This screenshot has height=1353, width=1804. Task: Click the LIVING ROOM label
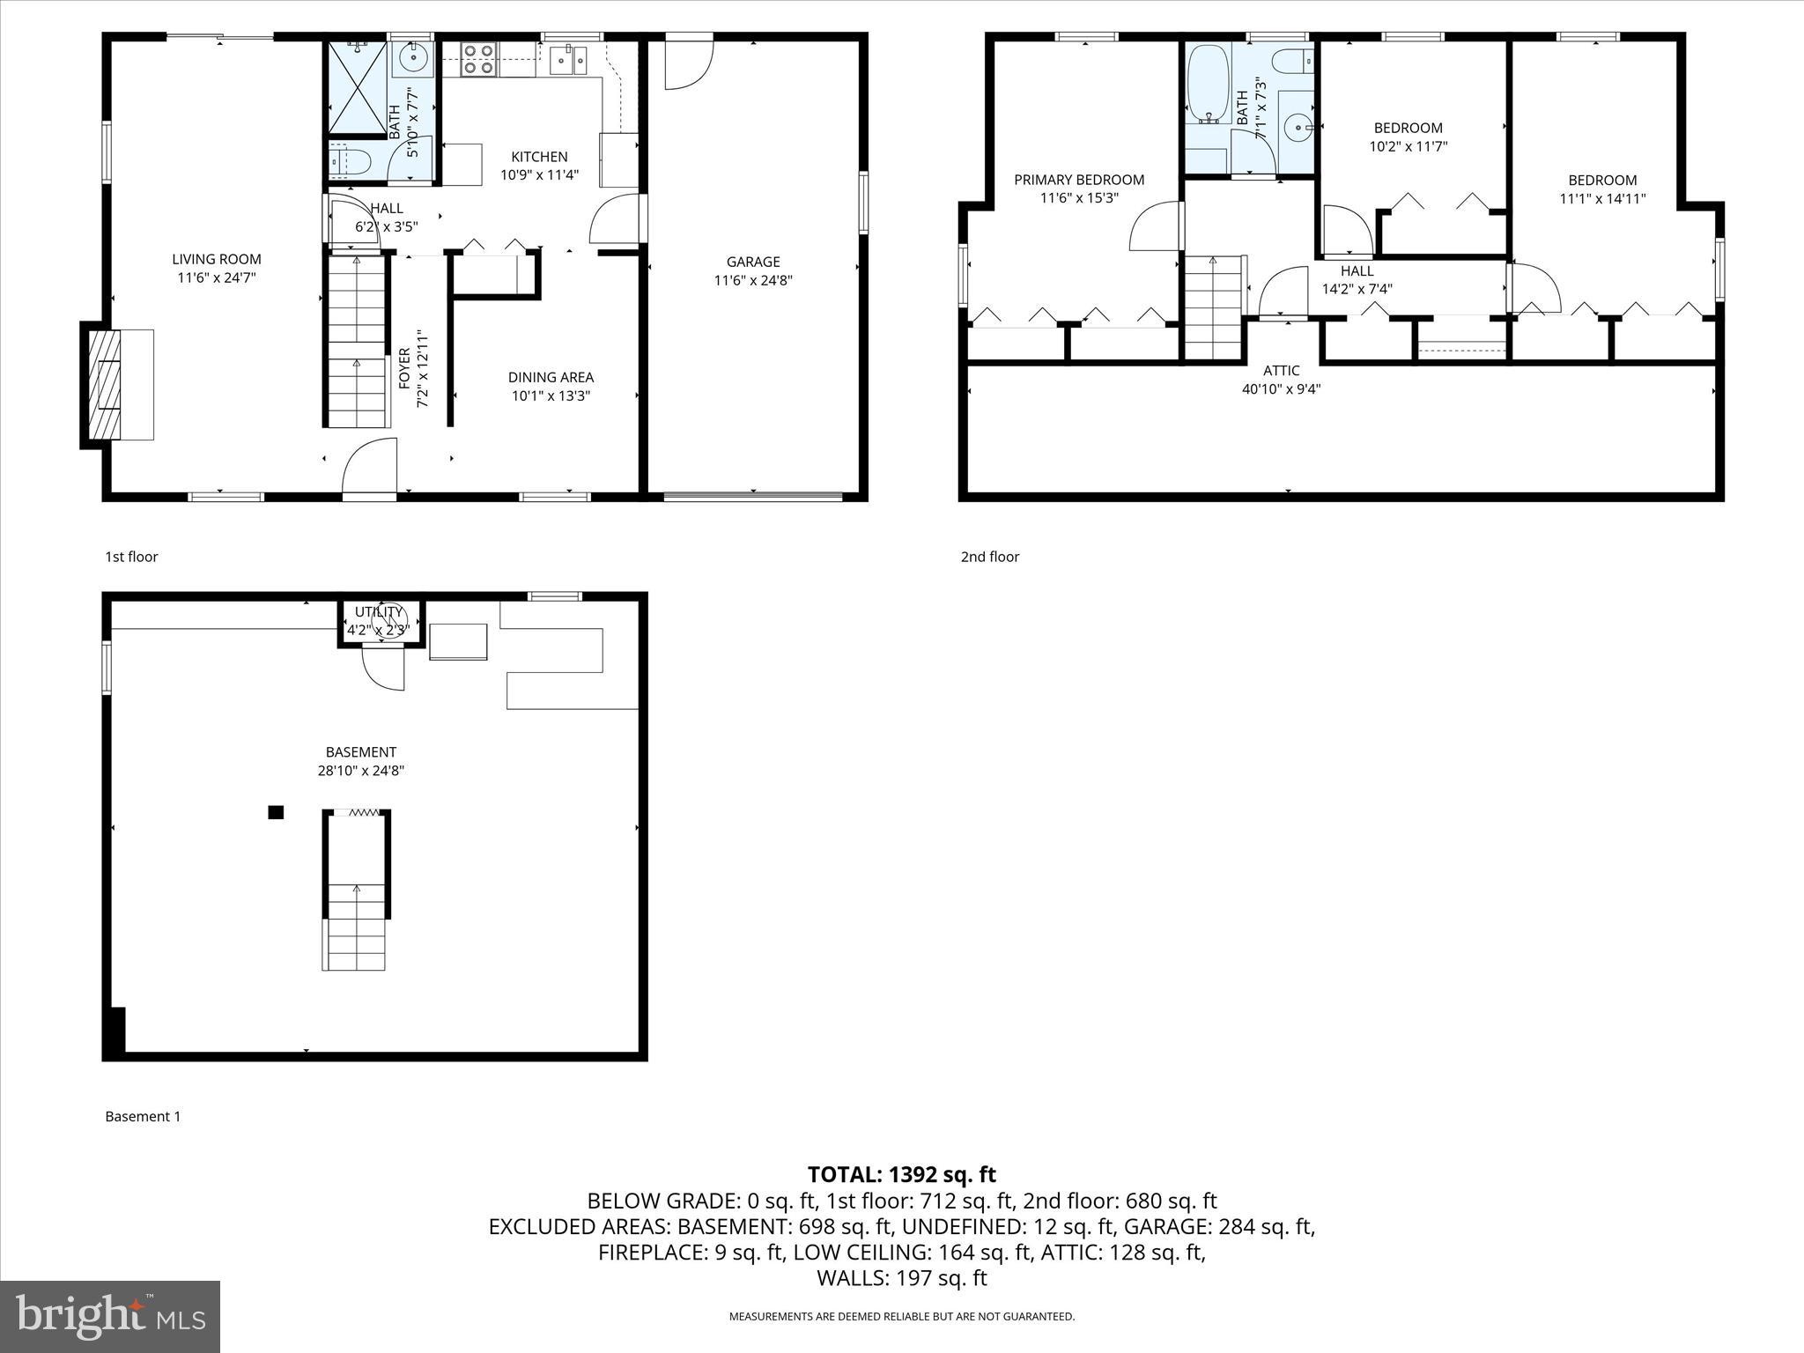(216, 259)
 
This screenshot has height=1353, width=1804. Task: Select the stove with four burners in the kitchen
(478, 59)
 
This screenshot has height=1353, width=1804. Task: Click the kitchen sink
(568, 60)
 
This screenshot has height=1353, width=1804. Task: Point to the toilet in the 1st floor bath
(349, 161)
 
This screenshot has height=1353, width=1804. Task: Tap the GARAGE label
(752, 262)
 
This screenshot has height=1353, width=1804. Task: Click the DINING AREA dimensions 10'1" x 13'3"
(551, 396)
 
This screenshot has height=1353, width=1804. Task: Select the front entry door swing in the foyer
(370, 467)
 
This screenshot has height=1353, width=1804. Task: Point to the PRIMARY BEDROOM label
(1079, 180)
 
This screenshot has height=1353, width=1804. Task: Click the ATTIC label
(1281, 371)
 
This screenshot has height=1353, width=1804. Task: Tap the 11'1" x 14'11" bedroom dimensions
(1602, 199)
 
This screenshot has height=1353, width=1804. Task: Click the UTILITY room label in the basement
(379, 611)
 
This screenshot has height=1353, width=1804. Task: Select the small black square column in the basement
(276, 812)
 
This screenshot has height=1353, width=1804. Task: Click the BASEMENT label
(360, 752)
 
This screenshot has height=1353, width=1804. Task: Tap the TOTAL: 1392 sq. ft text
(901, 1174)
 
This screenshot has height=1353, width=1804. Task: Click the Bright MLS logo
(110, 1316)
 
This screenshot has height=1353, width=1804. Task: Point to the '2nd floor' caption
(989, 557)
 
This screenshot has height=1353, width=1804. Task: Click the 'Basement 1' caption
(143, 1116)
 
